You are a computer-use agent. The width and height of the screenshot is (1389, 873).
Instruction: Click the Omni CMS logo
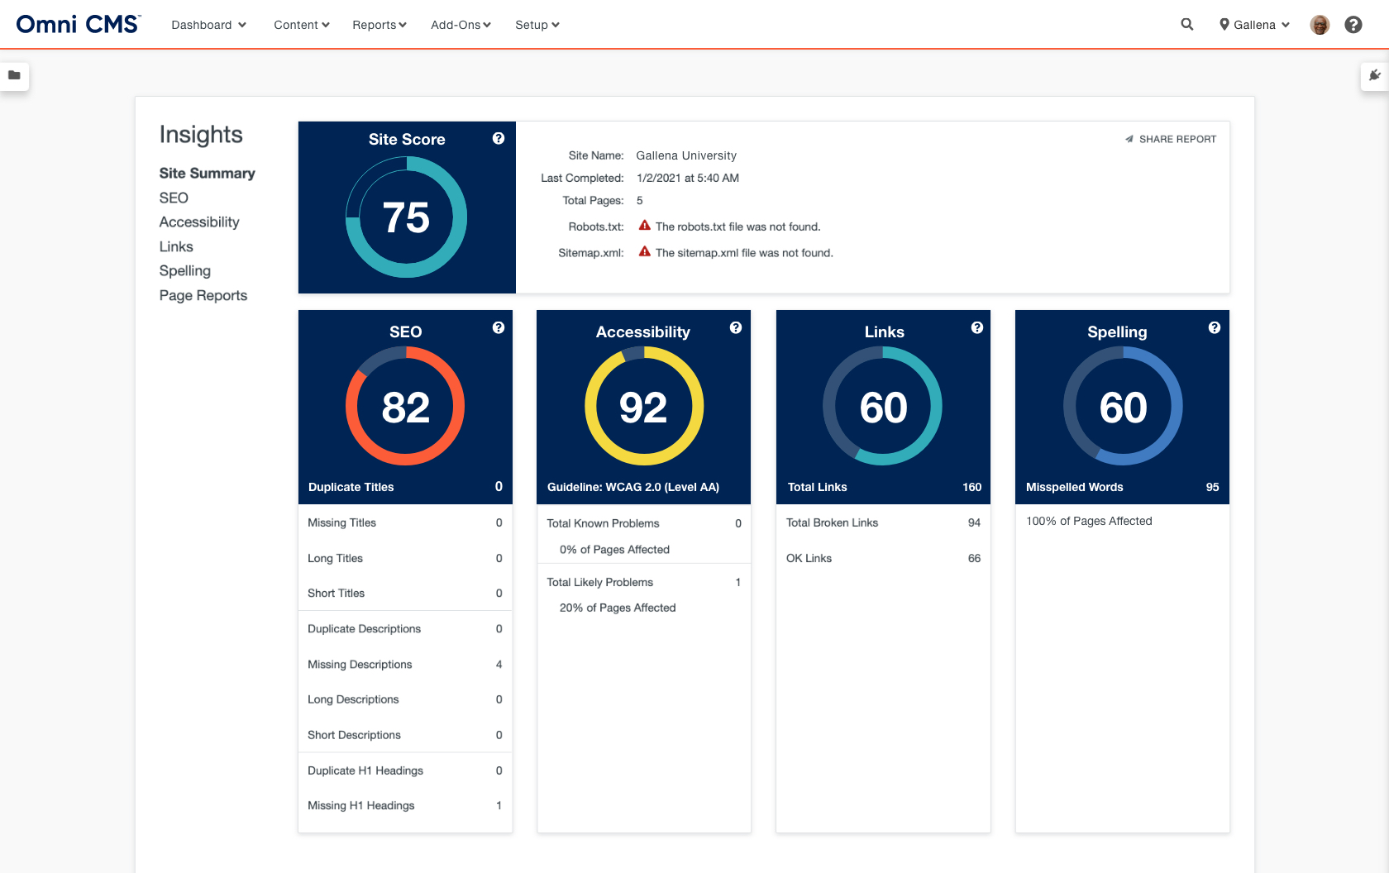pos(79,24)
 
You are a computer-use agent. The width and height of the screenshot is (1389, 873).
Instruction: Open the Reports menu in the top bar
pos(379,25)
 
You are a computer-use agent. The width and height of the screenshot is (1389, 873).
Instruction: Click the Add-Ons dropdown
pos(461,25)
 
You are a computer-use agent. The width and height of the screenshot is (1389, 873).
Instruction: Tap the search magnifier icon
pos(1186,25)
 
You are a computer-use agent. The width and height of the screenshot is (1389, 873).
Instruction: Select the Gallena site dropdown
pos(1253,25)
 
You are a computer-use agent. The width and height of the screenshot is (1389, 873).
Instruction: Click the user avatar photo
pos(1320,25)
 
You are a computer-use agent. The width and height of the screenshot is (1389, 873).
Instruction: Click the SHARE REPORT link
pos(1171,139)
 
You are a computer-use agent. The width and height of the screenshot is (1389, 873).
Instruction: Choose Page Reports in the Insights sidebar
pos(203,295)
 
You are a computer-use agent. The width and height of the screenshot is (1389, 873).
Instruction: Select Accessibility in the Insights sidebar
pos(199,222)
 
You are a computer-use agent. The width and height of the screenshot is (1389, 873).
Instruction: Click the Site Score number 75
pos(406,218)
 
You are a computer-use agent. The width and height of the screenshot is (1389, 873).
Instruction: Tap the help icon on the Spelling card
pos(1214,327)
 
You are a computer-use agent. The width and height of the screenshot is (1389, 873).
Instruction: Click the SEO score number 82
pos(405,408)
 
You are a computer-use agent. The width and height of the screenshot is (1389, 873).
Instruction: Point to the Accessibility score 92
pos(643,408)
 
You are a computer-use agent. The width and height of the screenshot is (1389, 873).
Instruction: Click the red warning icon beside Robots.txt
pos(644,226)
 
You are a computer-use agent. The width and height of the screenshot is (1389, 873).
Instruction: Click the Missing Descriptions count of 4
pos(499,664)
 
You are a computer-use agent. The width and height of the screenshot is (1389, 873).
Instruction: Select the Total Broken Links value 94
pos(974,522)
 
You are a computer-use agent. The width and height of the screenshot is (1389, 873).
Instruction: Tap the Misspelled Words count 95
pos(1212,487)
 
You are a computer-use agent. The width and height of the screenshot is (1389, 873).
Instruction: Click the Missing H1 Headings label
pos(361,805)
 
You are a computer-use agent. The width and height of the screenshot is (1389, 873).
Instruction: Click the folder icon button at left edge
pos(14,75)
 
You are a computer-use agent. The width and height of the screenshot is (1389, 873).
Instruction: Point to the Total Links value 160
pos(971,487)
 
